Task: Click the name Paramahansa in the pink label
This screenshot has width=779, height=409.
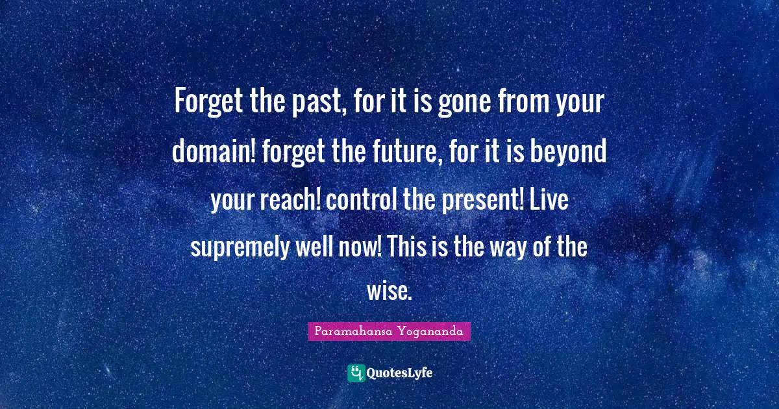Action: (x=350, y=332)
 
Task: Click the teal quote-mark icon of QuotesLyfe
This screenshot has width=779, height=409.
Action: (x=356, y=373)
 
